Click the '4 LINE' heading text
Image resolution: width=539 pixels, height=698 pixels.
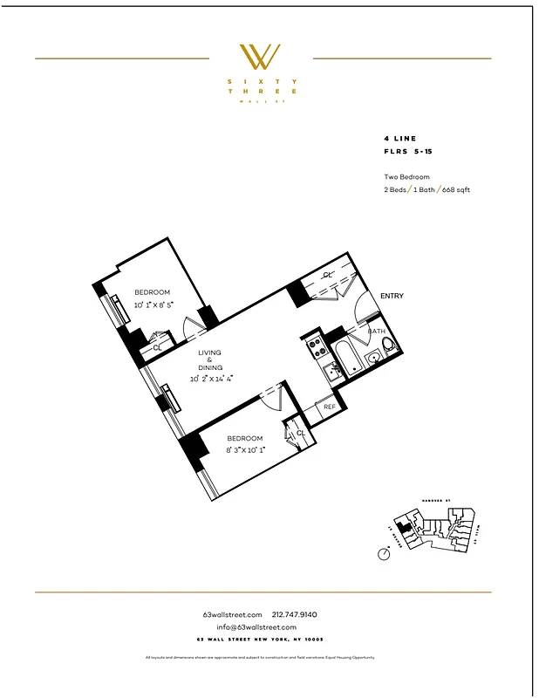pos(399,139)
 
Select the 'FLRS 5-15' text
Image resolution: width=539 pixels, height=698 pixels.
pos(407,152)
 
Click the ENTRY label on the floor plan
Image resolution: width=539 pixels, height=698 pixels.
pos(392,296)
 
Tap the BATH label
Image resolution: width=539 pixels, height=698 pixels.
pos(376,332)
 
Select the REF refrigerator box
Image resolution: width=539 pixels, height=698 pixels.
pos(330,407)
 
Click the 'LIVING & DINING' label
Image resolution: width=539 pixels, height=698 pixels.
pos(209,360)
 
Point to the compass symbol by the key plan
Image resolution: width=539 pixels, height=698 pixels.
pos(385,552)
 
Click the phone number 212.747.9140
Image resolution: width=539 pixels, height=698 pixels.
pos(296,614)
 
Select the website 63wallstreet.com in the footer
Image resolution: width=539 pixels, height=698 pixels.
pos(232,614)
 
